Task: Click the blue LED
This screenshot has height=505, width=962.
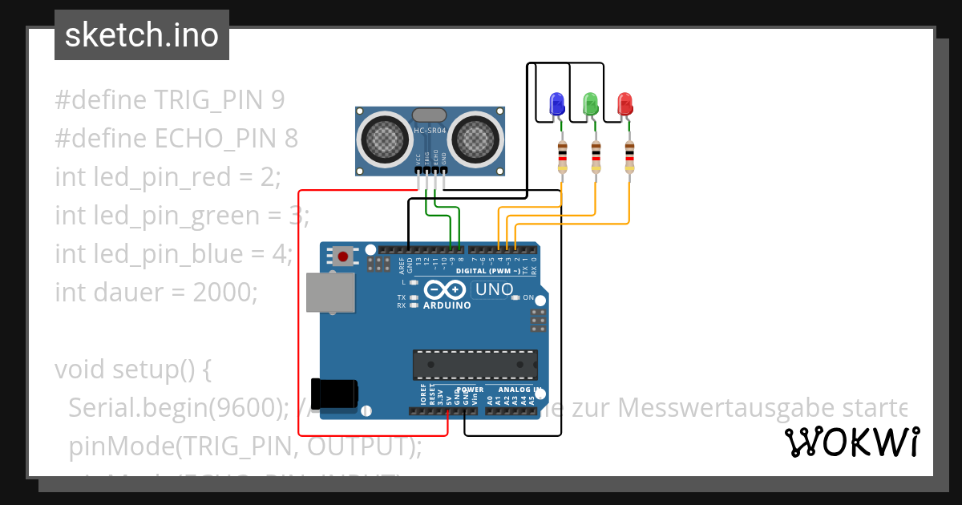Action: (x=556, y=103)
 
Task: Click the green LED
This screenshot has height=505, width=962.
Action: (x=591, y=103)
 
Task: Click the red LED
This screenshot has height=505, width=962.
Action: (x=624, y=103)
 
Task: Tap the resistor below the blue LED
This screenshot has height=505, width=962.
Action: (x=563, y=156)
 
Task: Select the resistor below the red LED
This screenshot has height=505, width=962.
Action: (x=629, y=156)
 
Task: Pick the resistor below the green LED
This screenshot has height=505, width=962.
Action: (x=596, y=156)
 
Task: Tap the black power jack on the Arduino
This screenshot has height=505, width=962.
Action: (x=335, y=393)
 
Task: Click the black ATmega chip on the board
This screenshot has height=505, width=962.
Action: (x=475, y=365)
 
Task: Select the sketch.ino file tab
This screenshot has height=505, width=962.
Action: (x=141, y=35)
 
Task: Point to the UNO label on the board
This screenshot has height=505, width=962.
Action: (x=494, y=289)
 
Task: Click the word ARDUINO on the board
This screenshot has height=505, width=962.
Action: (x=447, y=305)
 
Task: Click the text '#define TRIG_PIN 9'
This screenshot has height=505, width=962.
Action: (x=170, y=100)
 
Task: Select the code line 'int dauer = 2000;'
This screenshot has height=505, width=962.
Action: (x=157, y=292)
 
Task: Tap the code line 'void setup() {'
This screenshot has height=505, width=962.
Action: (x=133, y=370)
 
